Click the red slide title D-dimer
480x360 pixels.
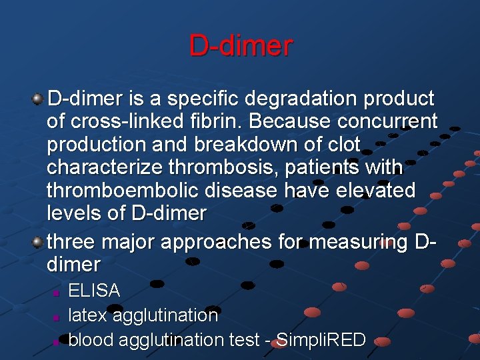(x=240, y=46)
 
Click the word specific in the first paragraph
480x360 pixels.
(x=203, y=99)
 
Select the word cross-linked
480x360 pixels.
(x=129, y=121)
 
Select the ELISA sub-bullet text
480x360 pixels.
(x=94, y=291)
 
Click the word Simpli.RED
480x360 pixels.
(x=320, y=339)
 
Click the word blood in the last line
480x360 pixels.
(x=91, y=339)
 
